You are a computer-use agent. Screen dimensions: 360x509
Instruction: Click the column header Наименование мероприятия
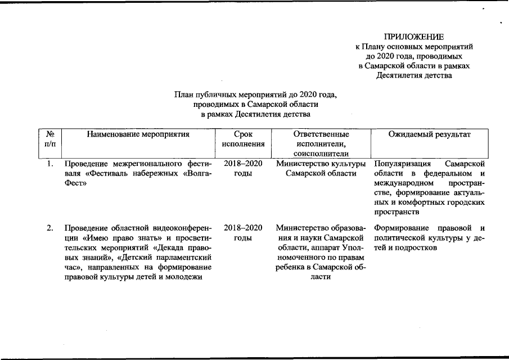click(138, 134)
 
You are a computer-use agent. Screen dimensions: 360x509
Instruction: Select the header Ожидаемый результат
click(430, 134)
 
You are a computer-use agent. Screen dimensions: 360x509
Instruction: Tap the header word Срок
click(243, 134)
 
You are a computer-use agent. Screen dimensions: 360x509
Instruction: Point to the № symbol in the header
click(49, 134)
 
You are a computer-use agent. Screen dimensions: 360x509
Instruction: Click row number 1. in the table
click(50, 164)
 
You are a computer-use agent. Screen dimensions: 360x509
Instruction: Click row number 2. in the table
click(50, 228)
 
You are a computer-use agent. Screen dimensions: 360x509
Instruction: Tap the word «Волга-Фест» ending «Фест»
click(75, 183)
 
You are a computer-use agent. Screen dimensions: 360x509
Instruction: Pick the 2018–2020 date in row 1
click(243, 164)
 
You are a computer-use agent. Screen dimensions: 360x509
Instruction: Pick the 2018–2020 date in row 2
click(243, 228)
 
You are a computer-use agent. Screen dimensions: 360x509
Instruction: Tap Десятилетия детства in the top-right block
click(414, 76)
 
